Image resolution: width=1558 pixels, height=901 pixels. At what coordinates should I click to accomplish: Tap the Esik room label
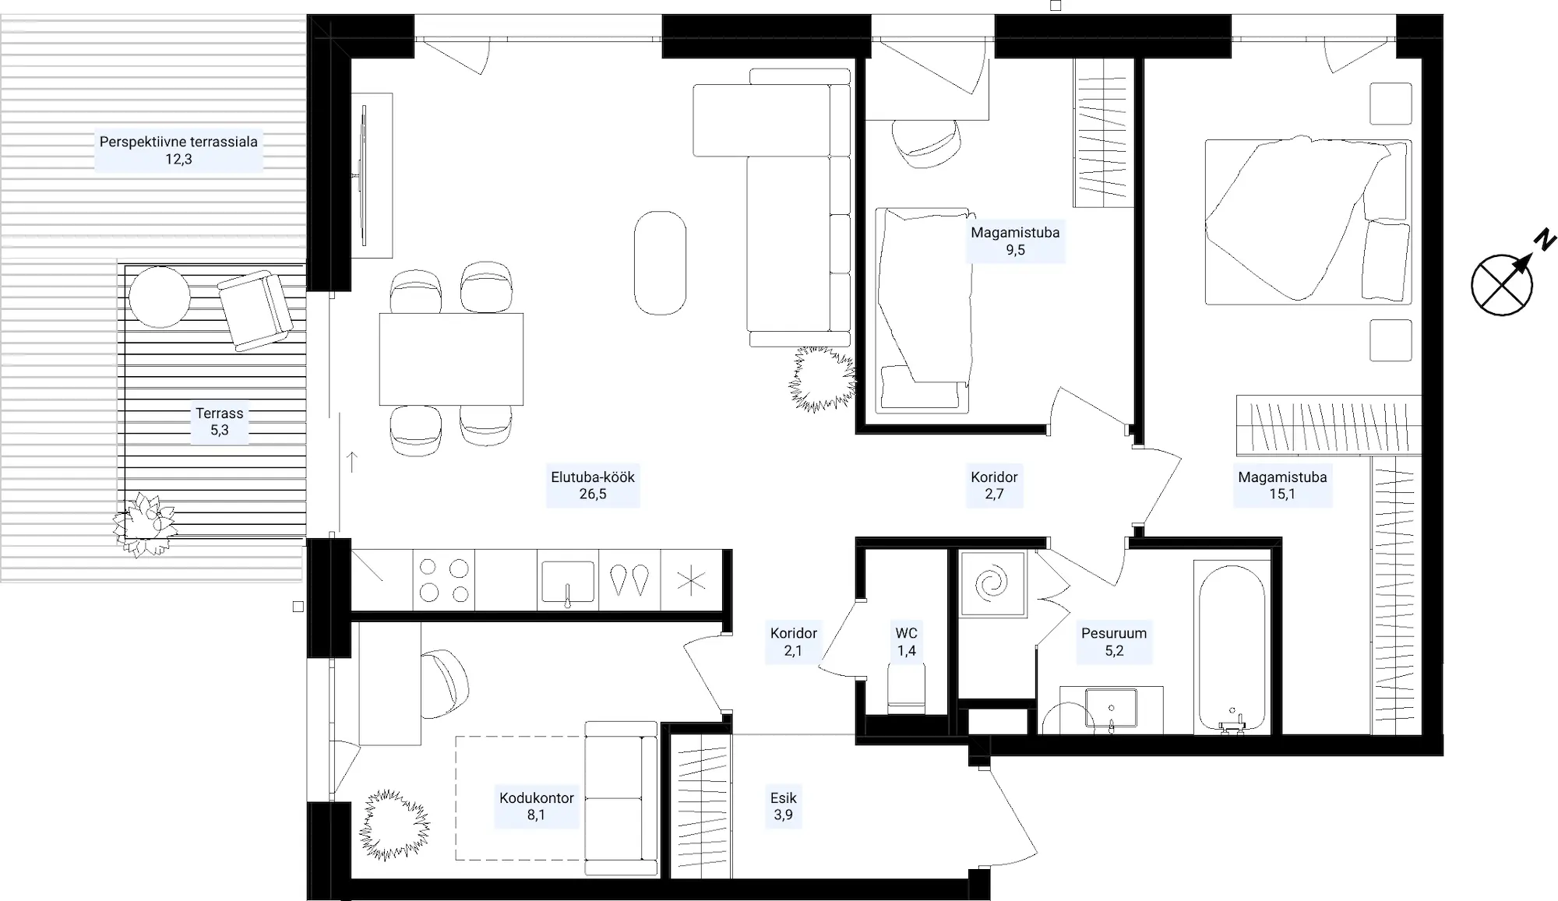tap(783, 797)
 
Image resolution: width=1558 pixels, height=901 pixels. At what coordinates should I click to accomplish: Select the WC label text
tap(906, 633)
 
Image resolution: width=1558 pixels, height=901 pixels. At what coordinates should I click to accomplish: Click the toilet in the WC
tap(906, 688)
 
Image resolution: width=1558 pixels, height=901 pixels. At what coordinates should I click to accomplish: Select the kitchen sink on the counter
tap(568, 581)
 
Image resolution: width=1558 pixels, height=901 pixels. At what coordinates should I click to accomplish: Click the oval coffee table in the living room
tap(660, 263)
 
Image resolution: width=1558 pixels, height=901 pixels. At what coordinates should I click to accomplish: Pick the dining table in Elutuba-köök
tap(451, 359)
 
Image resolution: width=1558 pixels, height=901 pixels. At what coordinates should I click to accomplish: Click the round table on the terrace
tap(160, 297)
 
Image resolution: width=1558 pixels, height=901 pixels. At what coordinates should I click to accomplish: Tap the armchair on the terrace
tap(256, 310)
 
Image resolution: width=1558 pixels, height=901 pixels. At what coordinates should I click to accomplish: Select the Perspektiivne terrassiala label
tap(178, 142)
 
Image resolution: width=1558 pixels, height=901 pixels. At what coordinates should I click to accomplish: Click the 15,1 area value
tap(1282, 494)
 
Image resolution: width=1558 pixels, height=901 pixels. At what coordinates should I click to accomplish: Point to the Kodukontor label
tap(537, 798)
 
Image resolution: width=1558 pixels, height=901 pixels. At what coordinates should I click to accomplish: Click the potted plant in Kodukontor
tap(395, 825)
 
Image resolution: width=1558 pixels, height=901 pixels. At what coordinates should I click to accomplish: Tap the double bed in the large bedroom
tap(1308, 222)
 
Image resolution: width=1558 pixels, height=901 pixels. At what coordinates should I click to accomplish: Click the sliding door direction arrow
tap(352, 462)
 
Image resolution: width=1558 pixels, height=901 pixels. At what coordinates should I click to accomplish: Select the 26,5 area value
tap(593, 494)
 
